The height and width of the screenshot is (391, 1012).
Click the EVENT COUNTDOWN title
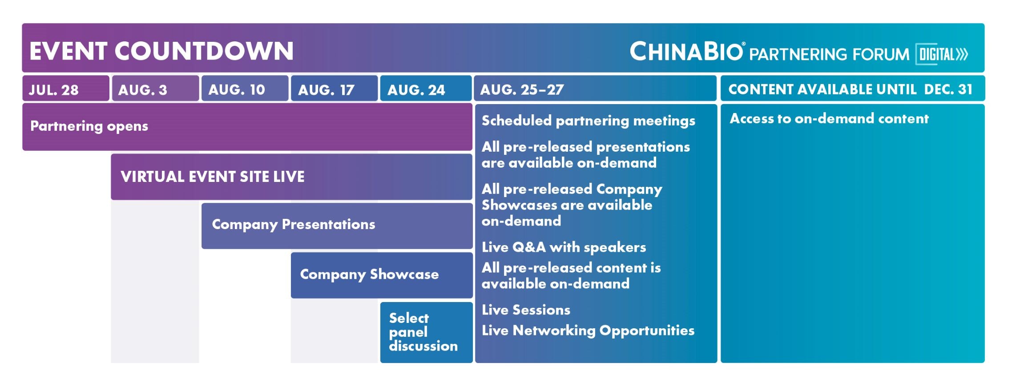point(161,51)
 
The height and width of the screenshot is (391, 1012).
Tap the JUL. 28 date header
point(54,90)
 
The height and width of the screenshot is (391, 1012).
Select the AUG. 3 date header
point(143,90)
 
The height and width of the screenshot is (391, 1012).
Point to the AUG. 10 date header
point(237,90)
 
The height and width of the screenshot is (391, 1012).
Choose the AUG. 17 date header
point(327,90)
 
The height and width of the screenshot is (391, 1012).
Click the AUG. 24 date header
point(416,90)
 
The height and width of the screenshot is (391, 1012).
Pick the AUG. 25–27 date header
point(522,90)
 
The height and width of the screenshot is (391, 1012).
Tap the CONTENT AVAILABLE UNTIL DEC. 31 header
point(851,89)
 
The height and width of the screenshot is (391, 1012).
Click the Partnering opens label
point(89,126)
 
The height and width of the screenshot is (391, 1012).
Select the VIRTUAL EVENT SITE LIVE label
point(213,177)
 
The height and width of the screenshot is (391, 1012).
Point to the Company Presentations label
point(294,225)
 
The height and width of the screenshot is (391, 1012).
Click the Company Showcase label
point(369,274)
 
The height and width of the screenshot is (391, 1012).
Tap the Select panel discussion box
point(426,332)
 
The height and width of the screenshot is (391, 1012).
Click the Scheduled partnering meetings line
point(589,121)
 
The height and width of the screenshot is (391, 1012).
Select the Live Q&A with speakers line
point(564,247)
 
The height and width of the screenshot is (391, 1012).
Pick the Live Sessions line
point(526,310)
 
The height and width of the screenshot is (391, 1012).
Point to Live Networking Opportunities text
point(588,331)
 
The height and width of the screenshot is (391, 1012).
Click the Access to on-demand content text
point(829,118)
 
